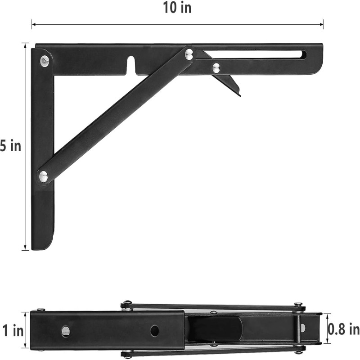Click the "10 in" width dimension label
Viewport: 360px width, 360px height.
[177, 8]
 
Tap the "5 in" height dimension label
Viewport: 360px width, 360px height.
[10, 146]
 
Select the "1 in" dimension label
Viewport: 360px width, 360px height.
[13, 331]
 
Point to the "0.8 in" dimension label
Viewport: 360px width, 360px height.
[343, 329]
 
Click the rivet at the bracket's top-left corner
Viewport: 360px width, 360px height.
[45, 61]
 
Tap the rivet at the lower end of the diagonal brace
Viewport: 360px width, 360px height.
[43, 176]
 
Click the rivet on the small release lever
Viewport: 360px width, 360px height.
[216, 67]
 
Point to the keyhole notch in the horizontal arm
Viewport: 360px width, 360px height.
[131, 65]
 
